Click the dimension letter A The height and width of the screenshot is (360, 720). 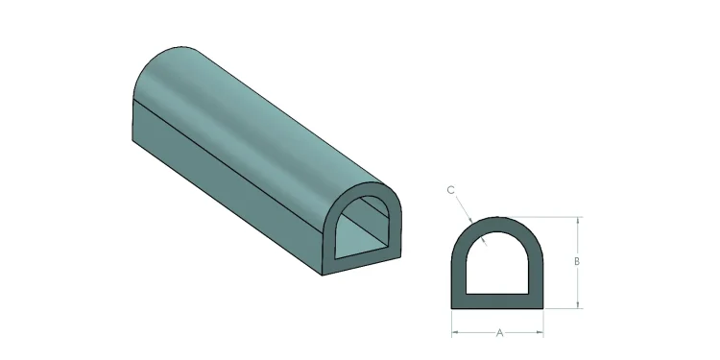pos(499,333)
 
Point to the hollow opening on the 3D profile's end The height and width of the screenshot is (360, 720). pos(364,235)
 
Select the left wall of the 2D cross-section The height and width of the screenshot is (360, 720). pos(459,274)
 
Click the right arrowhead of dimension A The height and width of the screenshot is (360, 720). pos(542,333)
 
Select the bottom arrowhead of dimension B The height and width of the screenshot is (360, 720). pos(578,304)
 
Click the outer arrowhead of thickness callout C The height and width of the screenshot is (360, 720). pos(469,217)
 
